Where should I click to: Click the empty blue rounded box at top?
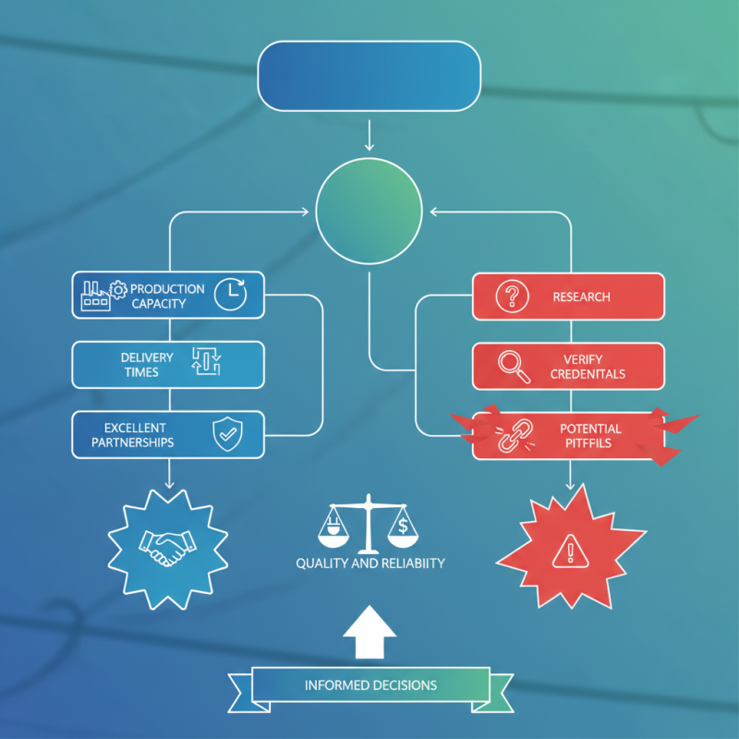(x=369, y=76)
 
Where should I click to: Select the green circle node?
(x=369, y=211)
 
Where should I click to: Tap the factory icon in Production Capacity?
(x=96, y=296)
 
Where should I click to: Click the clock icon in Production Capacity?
(x=230, y=295)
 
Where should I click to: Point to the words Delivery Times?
(x=147, y=365)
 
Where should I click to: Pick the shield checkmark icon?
(x=227, y=433)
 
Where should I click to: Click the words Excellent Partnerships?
(x=133, y=435)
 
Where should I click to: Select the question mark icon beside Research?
(x=512, y=296)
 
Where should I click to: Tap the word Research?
(x=581, y=297)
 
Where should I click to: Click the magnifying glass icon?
(x=514, y=367)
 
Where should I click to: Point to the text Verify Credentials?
(x=588, y=367)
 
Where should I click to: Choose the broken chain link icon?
(x=515, y=435)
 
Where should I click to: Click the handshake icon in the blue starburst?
(x=167, y=548)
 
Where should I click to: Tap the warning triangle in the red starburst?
(x=570, y=551)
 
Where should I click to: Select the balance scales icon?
(x=368, y=524)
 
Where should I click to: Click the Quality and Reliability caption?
(x=370, y=563)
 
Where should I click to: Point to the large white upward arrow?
(x=369, y=632)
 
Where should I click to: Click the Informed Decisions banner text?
(x=370, y=685)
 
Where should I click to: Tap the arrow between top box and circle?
(x=369, y=135)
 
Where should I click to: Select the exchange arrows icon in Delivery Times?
(x=206, y=361)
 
